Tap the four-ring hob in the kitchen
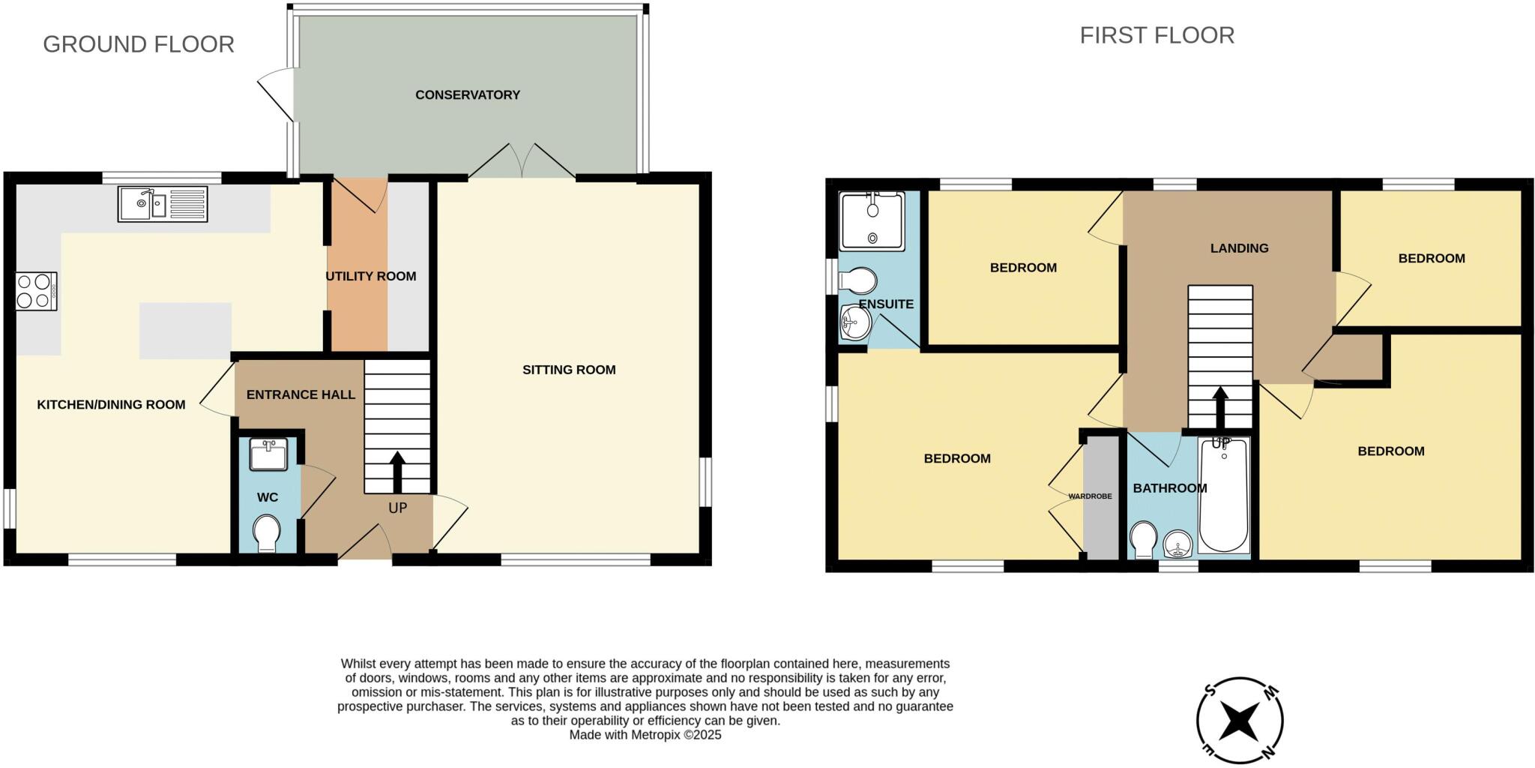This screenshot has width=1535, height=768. [x=36, y=291]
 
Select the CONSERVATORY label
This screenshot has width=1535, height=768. [x=467, y=95]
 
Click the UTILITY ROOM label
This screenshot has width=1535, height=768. [x=370, y=277]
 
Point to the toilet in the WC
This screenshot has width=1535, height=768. [x=266, y=533]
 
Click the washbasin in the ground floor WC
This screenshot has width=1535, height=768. [x=268, y=454]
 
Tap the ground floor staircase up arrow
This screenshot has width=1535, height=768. [x=397, y=472]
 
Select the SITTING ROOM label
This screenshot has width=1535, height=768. [x=569, y=370]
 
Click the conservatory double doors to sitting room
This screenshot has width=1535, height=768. [x=522, y=161]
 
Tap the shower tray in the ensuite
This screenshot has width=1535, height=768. [x=872, y=220]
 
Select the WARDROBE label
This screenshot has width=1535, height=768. [x=1090, y=496]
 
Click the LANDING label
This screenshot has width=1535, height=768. [x=1239, y=248]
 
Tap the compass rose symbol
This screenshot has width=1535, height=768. [x=1239, y=721]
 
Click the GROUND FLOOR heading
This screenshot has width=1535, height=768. [x=139, y=44]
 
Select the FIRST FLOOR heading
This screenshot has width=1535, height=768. [x=1156, y=35]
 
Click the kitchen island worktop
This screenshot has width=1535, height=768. [x=185, y=331]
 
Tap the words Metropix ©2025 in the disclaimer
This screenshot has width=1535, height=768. [x=675, y=735]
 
